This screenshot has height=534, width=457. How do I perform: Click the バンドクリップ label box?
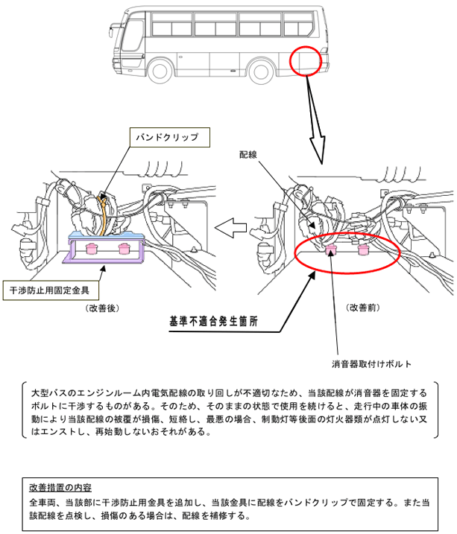[168, 138]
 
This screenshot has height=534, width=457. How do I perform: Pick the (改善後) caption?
[102, 307]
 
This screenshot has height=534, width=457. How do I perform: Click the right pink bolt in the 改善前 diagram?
[363, 249]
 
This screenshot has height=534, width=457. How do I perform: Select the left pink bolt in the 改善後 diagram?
[93, 247]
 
